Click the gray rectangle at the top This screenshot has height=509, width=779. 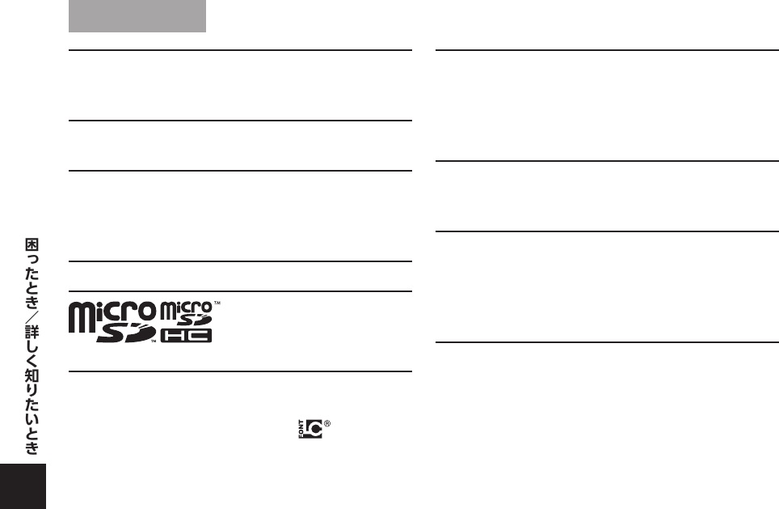click(137, 16)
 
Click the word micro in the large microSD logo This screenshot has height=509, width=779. click(112, 312)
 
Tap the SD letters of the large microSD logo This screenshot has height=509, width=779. click(125, 333)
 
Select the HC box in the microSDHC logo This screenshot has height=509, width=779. click(187, 334)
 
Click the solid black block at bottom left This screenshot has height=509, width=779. click(23, 486)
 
